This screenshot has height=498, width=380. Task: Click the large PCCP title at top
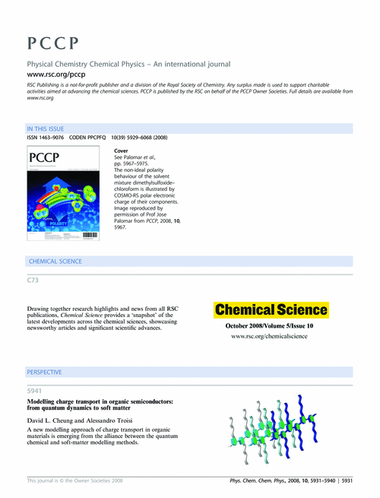click(x=50, y=41)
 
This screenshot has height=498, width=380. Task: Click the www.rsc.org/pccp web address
click(x=55, y=76)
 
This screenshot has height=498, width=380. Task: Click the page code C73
click(x=33, y=281)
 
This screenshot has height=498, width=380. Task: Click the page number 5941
click(x=35, y=391)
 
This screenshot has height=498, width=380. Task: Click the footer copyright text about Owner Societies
click(x=74, y=481)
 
